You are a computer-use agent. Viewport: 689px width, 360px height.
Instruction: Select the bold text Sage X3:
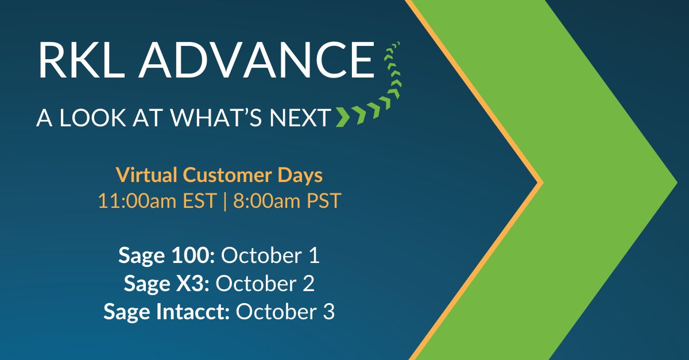tap(167, 284)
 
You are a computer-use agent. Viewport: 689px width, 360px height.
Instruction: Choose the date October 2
tap(265, 284)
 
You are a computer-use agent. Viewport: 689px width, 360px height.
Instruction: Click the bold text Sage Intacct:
tap(167, 312)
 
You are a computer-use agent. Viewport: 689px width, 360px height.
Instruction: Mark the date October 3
tap(285, 312)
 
